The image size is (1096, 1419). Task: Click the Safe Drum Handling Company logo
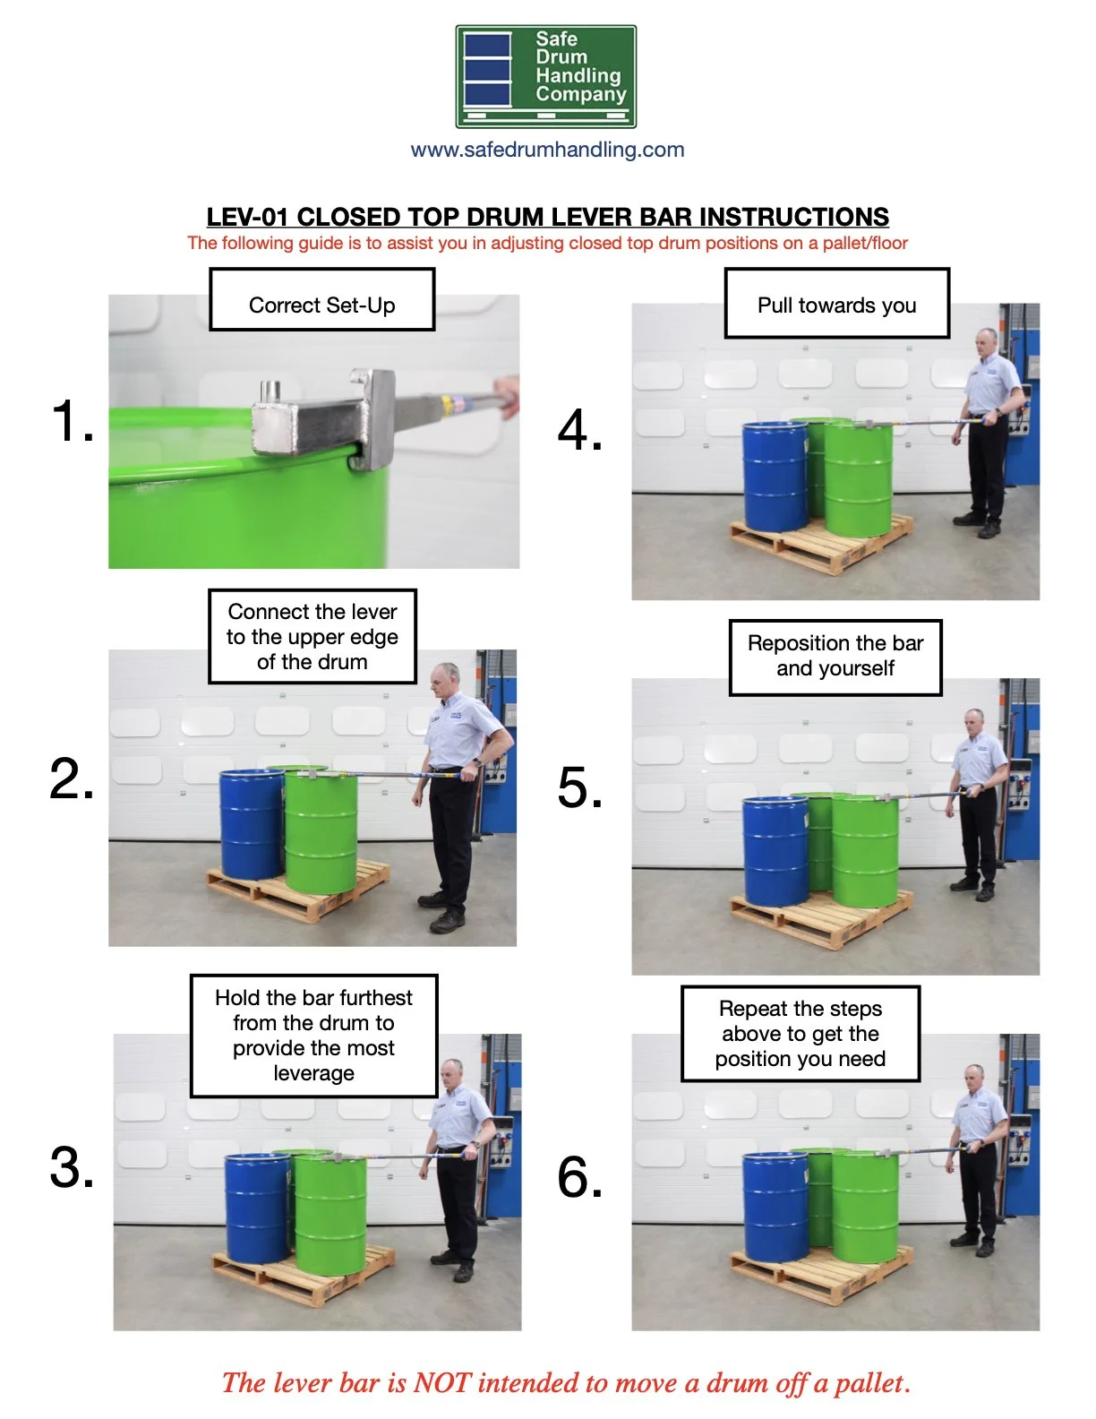click(x=545, y=76)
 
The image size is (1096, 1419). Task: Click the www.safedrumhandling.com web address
click(x=547, y=150)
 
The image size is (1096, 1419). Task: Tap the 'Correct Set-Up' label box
click(x=321, y=300)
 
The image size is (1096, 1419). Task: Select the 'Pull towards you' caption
click(x=836, y=304)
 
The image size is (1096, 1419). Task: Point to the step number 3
click(x=72, y=1167)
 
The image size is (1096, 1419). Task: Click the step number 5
click(x=579, y=788)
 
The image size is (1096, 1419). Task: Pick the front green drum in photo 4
click(x=858, y=479)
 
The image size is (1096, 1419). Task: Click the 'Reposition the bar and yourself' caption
click(x=835, y=657)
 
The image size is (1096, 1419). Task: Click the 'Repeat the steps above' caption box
click(x=800, y=1034)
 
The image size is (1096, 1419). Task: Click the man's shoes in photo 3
click(x=454, y=1265)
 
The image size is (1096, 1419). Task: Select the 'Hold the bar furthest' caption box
click(x=313, y=1036)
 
